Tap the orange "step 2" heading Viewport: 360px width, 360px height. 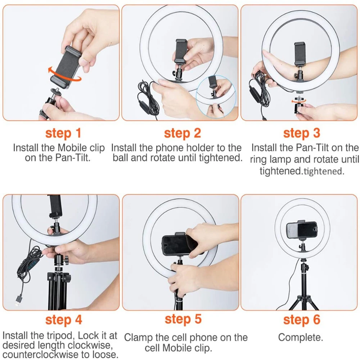pyautogui.click(x=182, y=133)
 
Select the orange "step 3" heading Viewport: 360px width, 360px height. pyautogui.click(x=301, y=133)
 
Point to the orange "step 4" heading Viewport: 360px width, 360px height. pyautogui.click(x=63, y=320)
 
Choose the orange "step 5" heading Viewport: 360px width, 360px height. pyautogui.click(x=183, y=319)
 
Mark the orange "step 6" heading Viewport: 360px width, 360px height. pyautogui.click(x=301, y=320)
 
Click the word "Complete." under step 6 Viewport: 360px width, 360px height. pyautogui.click(x=301, y=338)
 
